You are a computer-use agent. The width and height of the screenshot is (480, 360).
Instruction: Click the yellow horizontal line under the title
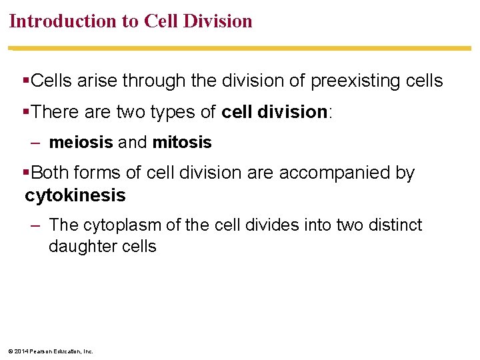click(240, 48)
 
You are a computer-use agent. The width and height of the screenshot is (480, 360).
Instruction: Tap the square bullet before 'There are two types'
click(26, 112)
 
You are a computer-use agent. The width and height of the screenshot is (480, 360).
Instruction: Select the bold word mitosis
click(182, 143)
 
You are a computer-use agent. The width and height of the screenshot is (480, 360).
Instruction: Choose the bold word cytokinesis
click(75, 195)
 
